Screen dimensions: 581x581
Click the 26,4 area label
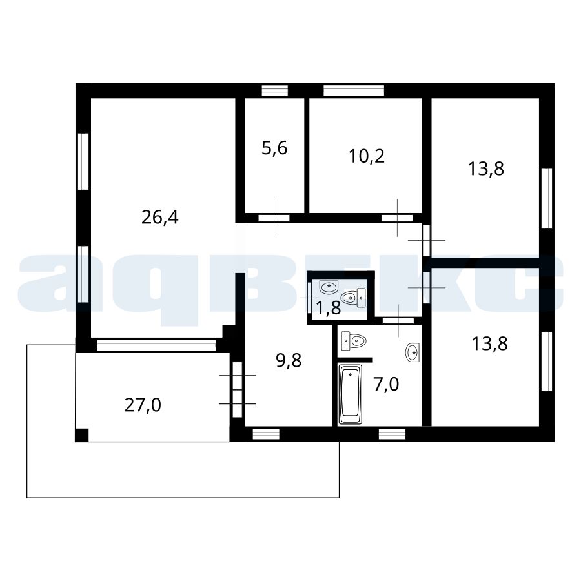pos(159,218)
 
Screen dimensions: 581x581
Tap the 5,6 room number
pos(274,148)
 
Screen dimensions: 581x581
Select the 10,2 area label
pos(367,156)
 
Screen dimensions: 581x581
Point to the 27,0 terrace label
pos(143,405)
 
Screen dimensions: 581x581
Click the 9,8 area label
pos(289,360)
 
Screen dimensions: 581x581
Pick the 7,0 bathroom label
pos(386,384)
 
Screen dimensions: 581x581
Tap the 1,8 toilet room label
pos(329,308)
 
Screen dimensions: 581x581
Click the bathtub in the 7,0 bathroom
pos(350,394)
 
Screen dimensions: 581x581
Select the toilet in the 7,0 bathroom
pos(354,340)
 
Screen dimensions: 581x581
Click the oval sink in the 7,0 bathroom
pos(413,352)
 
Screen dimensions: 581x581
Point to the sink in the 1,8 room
pos(329,287)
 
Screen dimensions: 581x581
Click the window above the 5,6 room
pos(274,90)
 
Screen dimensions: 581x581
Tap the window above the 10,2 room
pos(354,90)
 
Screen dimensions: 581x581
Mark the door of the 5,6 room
pos(274,218)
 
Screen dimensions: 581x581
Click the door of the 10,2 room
pos(397,218)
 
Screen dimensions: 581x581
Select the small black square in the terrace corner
pos(82,435)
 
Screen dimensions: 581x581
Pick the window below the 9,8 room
pos(266,434)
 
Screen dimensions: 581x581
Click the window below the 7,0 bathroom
pos(392,434)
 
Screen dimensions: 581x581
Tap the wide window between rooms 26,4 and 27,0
pos(156,345)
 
